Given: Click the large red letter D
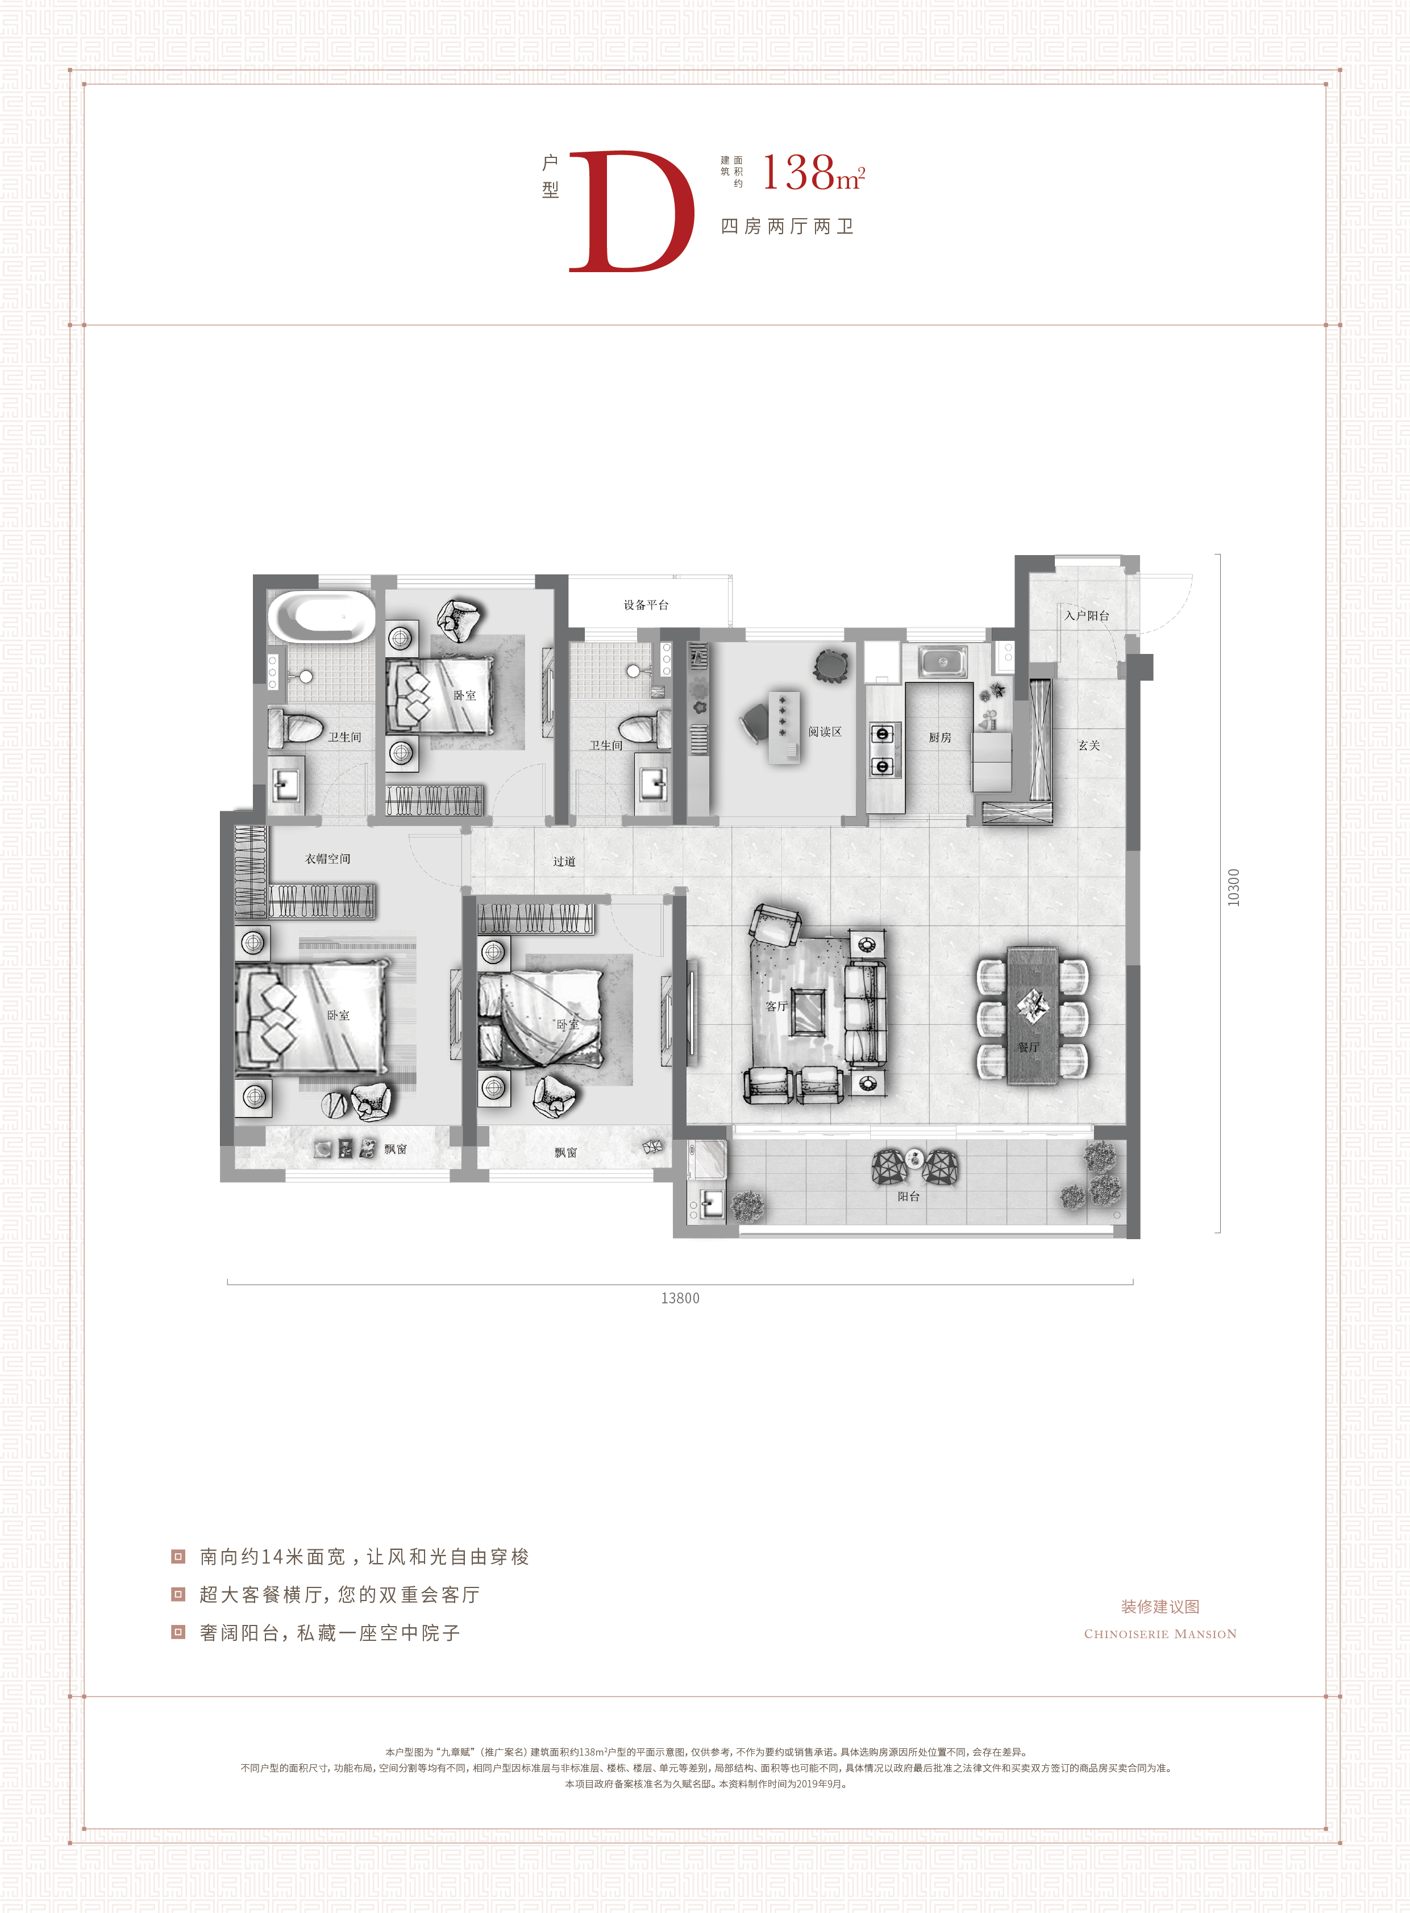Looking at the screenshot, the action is pyautogui.click(x=631, y=211).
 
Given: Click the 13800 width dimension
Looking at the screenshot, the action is pyautogui.click(x=680, y=1298).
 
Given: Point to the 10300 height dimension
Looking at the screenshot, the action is pyautogui.click(x=1233, y=887).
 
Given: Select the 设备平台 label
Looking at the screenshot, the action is pyautogui.click(x=646, y=605).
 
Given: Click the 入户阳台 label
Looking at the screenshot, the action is pyautogui.click(x=1087, y=615).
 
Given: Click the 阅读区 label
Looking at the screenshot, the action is pyautogui.click(x=825, y=731).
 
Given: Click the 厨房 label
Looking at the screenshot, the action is pyautogui.click(x=939, y=737).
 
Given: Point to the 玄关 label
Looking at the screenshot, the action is pyautogui.click(x=1089, y=745).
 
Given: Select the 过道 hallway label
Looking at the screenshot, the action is pyautogui.click(x=564, y=861).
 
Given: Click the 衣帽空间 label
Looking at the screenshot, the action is pyautogui.click(x=328, y=858).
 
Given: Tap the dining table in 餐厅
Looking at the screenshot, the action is pyautogui.click(x=1032, y=1015).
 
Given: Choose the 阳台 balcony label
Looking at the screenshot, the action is pyautogui.click(x=909, y=1197).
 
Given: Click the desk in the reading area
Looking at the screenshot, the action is pyautogui.click(x=784, y=727).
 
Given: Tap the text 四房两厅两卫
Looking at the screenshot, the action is pyautogui.click(x=788, y=226).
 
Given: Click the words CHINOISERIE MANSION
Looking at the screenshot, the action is pyautogui.click(x=1160, y=1634).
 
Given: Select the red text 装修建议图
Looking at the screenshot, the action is pyautogui.click(x=1160, y=1607).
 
